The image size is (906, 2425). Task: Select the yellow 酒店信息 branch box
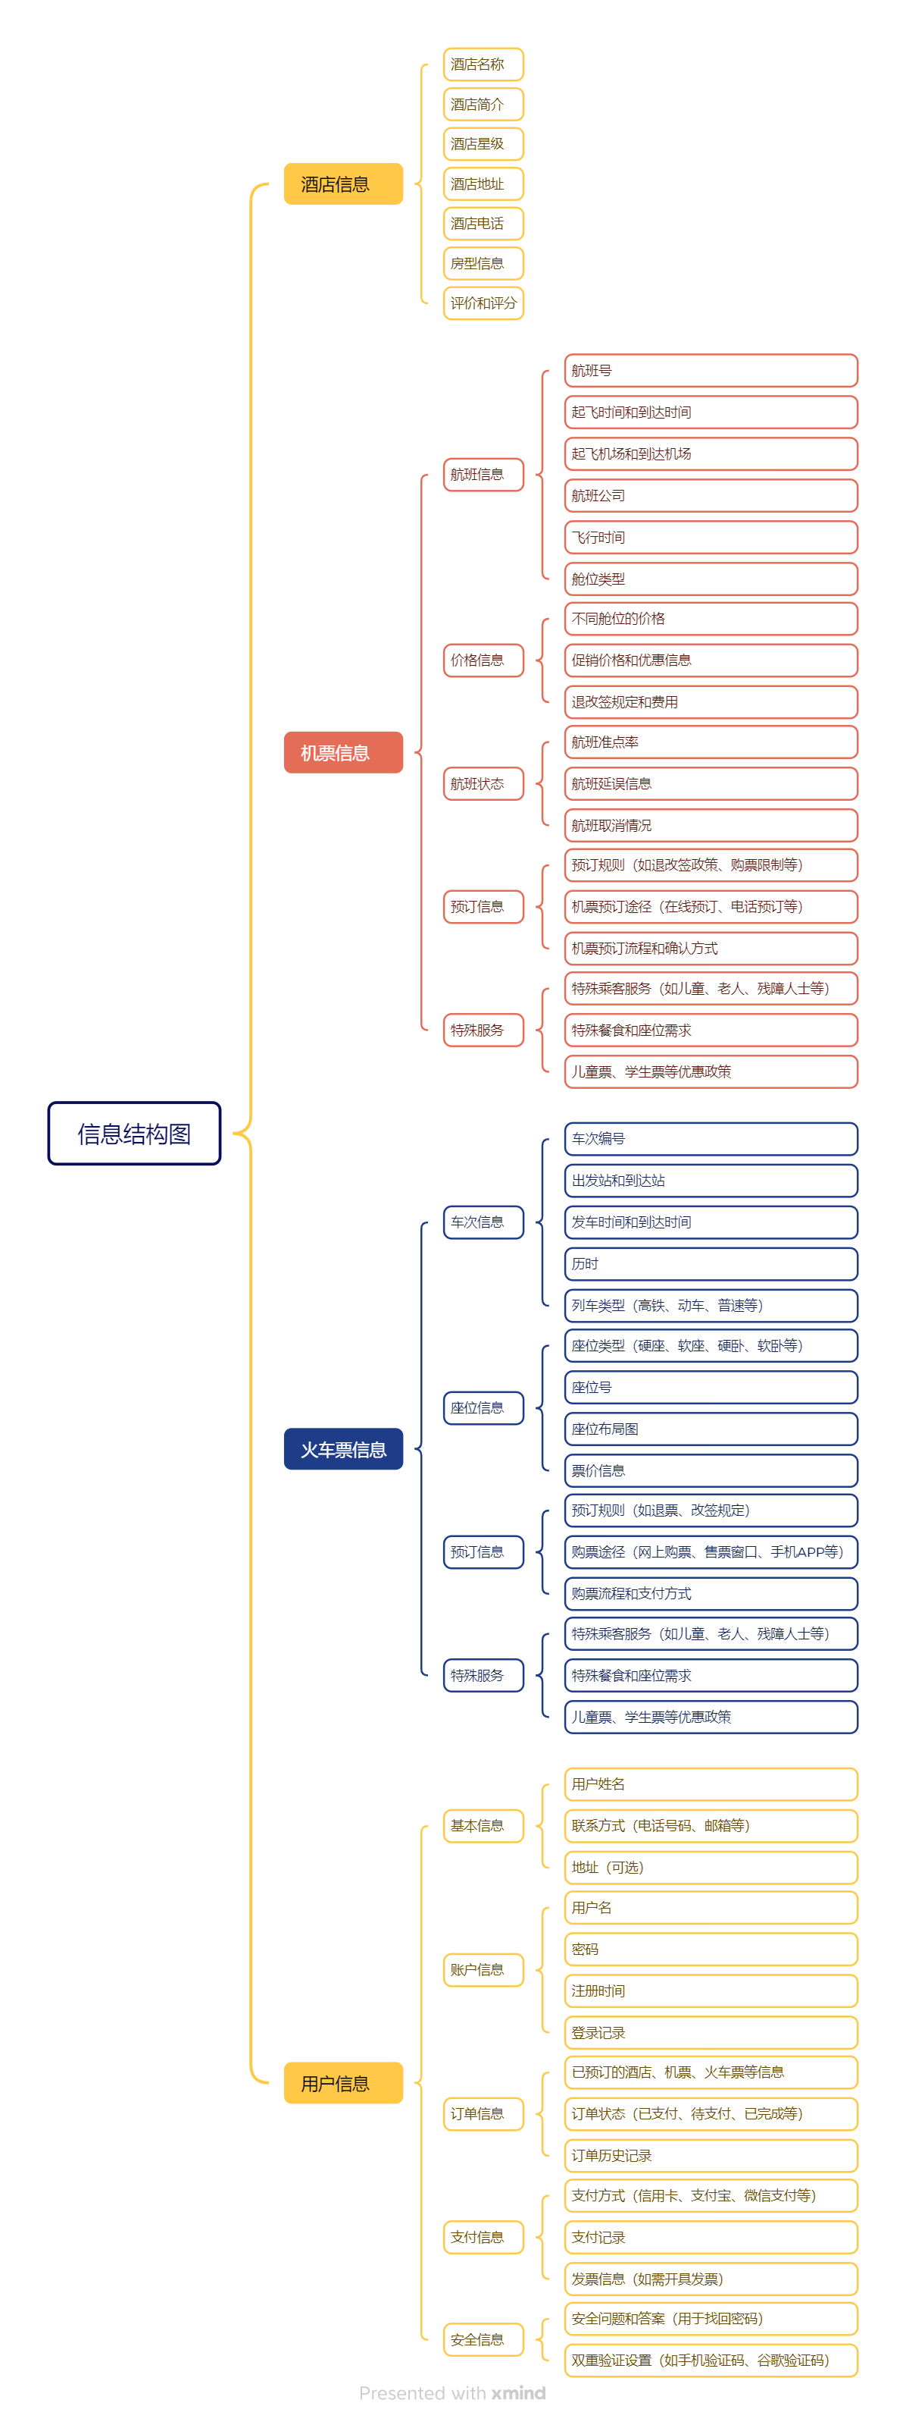342,184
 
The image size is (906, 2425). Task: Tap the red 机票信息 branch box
342,752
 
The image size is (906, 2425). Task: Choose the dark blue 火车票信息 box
342,1449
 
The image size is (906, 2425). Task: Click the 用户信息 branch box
342,2083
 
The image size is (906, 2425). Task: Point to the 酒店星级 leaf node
483,144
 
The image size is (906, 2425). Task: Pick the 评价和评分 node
483,303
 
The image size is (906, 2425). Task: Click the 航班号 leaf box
711,371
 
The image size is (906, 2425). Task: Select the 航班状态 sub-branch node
483,783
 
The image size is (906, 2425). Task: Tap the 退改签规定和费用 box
711,702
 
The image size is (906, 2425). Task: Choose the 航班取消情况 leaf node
711,826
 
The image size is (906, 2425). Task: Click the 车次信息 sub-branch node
483,1222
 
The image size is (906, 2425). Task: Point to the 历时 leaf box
711,1263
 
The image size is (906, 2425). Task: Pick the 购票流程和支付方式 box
711,1594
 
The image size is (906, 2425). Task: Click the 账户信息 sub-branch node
483,1969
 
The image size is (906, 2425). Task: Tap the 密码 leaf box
711,1950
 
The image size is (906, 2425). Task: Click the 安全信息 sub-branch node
483,2339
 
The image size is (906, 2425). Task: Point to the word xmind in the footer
517,2393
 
